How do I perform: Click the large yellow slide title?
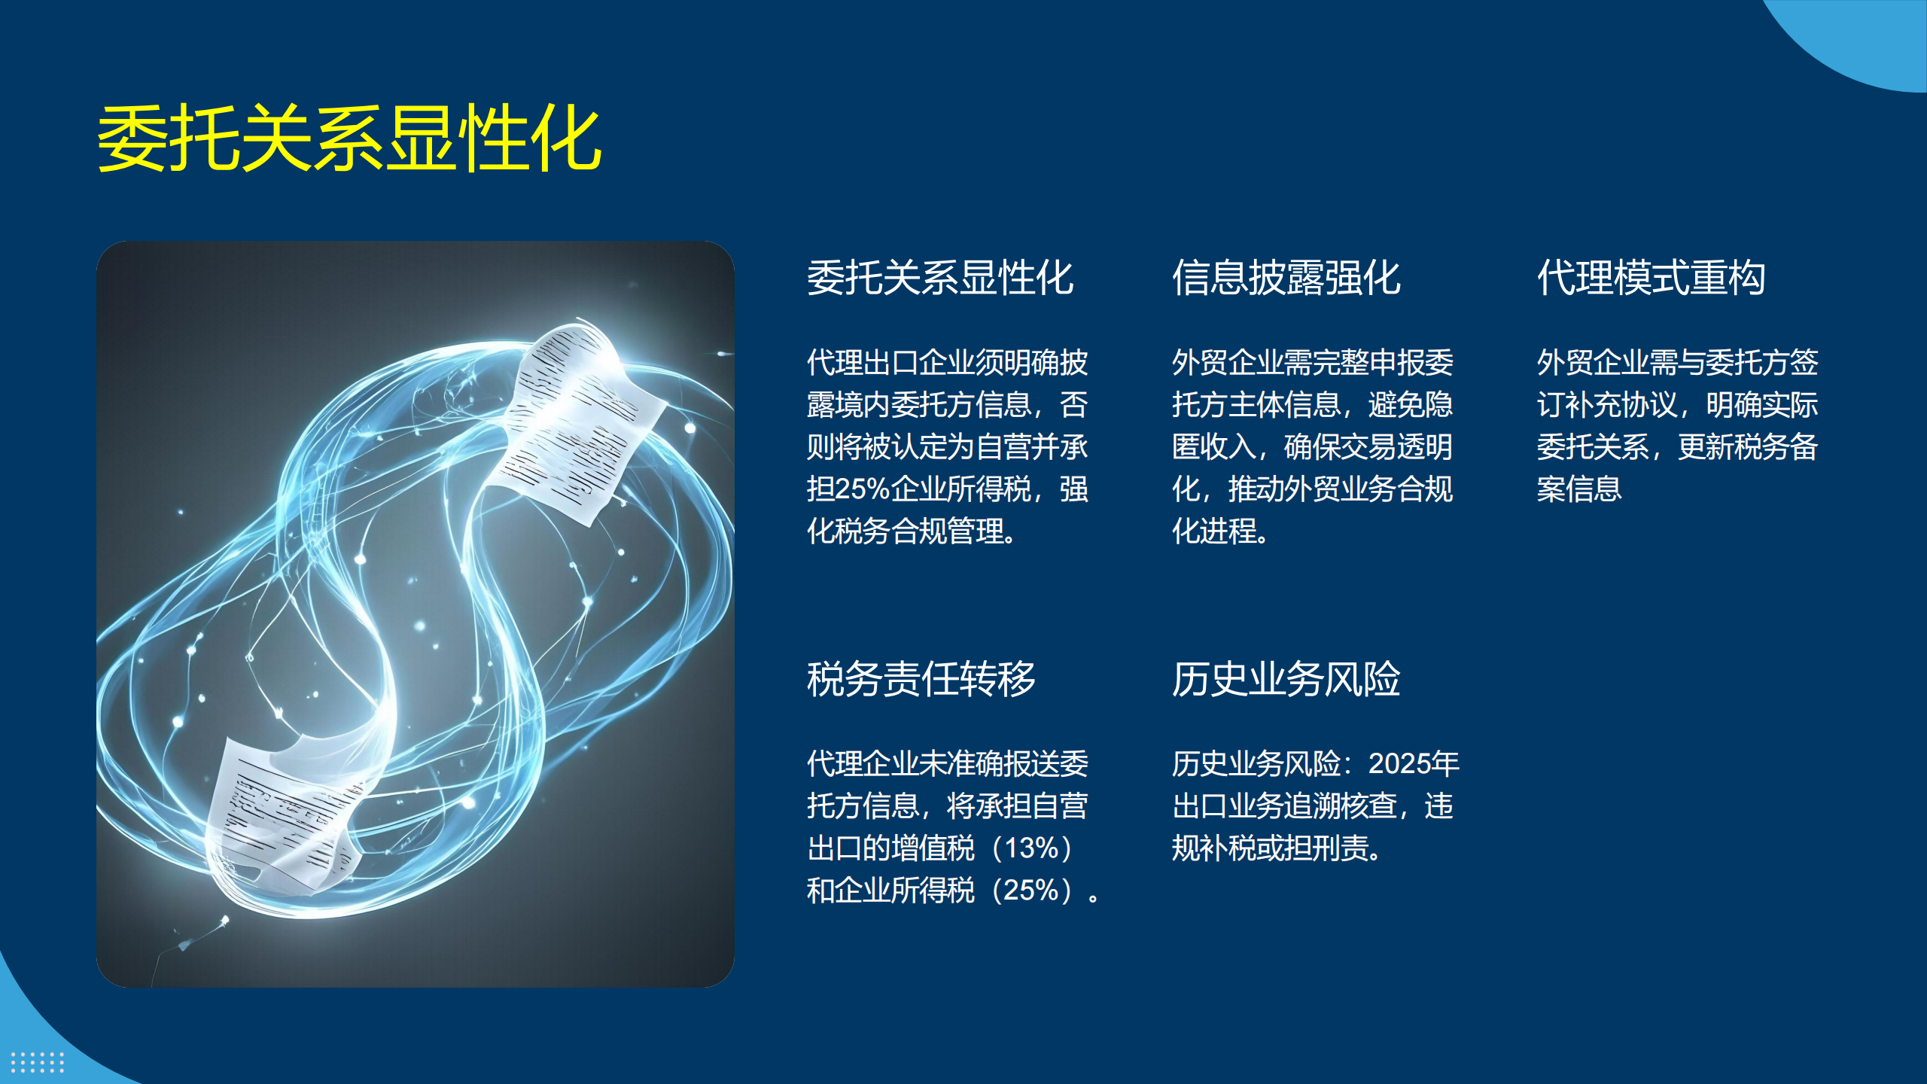point(349,138)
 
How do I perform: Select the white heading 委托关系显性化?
point(940,278)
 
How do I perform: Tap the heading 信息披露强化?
point(1286,278)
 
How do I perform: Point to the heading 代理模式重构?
point(1651,278)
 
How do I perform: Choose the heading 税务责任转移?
point(921,679)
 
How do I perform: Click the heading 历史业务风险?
point(1286,679)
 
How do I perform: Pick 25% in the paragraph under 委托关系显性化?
point(863,489)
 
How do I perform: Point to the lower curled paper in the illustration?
point(286,817)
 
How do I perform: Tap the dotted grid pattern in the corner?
point(38,1062)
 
